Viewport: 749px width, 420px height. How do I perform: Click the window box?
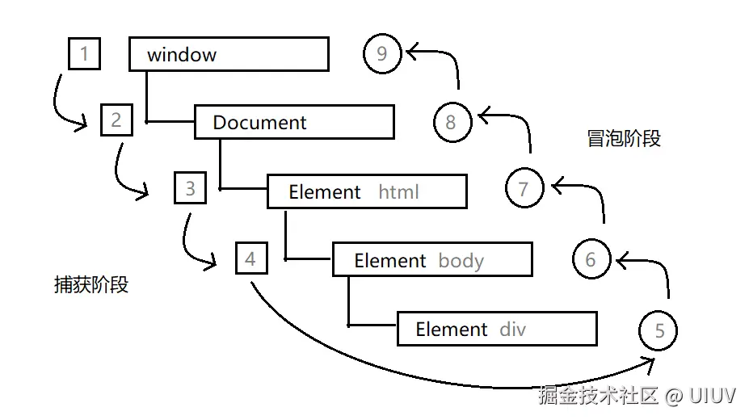pos(229,55)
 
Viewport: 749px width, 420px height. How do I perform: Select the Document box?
pos(294,123)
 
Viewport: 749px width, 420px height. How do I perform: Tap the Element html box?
pos(367,192)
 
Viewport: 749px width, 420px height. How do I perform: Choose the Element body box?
pos(432,260)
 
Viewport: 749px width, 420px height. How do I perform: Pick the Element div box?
pos(497,329)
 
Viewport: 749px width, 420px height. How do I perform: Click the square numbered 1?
pos(85,54)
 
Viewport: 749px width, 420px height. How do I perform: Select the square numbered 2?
pos(116,120)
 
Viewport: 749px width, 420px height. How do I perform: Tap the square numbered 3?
pos(190,189)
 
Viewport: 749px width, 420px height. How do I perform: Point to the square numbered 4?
pos(250,258)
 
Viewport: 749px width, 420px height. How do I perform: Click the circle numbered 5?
pos(659,330)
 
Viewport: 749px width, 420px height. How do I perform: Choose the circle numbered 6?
pos(591,259)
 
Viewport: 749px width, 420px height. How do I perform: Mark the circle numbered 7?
pos(524,189)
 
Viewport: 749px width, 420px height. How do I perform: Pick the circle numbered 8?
pos(451,122)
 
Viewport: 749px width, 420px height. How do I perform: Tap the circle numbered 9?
pos(382,54)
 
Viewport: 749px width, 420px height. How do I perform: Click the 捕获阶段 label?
pos(90,284)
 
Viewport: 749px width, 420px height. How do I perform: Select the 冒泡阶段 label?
pos(624,138)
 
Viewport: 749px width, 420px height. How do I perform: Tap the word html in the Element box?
pos(398,192)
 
